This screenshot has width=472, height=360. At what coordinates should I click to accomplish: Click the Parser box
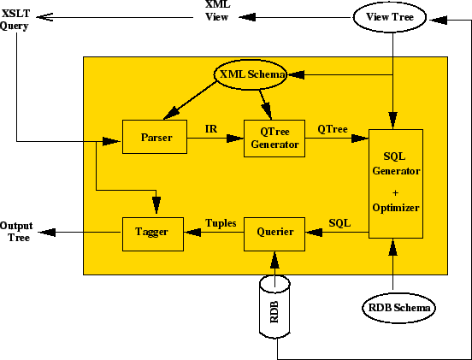[x=154, y=137]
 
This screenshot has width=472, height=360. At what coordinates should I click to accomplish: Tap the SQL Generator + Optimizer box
[x=395, y=184]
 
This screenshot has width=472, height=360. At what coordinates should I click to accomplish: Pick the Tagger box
[x=153, y=232]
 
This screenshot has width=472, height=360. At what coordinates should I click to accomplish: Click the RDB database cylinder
[x=274, y=306]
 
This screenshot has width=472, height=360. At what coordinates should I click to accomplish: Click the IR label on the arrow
[x=211, y=128]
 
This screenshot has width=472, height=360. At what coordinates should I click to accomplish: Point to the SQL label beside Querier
[x=339, y=223]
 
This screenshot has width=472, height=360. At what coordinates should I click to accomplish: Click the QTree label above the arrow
[x=332, y=128]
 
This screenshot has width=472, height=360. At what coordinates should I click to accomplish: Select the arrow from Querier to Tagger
[x=214, y=233]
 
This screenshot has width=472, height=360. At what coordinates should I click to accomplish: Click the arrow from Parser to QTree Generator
[x=214, y=138]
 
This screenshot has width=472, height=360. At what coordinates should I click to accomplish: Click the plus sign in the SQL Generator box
[x=395, y=193]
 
